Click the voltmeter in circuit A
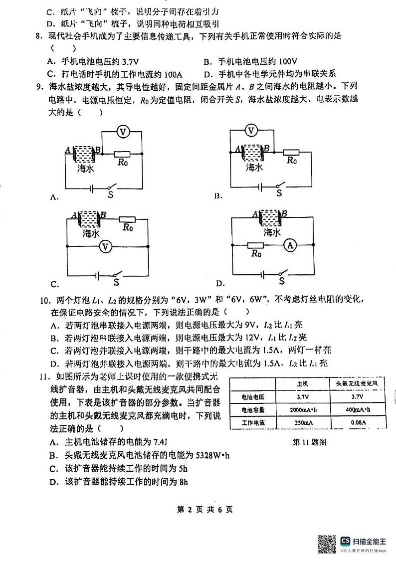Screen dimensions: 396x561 coord(123,131)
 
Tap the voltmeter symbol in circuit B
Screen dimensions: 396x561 coord(252,131)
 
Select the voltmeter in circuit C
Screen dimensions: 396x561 coord(104,246)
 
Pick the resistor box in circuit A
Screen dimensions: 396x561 coord(123,154)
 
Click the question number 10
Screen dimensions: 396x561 coord(44,300)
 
